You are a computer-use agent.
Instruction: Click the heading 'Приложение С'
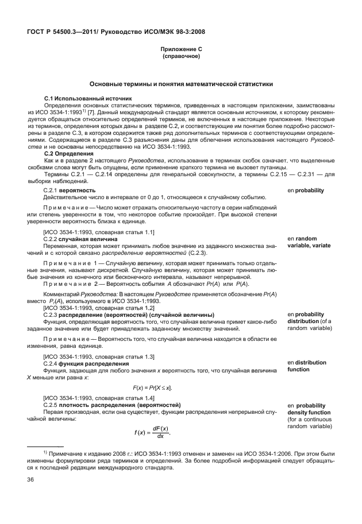(181, 50)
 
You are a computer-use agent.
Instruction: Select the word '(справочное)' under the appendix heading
(181, 57)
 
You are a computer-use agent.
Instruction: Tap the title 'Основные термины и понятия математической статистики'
(181, 84)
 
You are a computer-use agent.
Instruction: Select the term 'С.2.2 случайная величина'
(81, 238)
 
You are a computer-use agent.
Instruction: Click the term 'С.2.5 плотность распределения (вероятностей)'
(112, 405)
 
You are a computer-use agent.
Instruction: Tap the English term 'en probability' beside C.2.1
(305, 190)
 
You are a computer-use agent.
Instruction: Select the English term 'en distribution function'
(307, 366)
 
